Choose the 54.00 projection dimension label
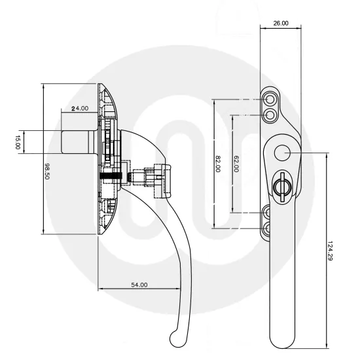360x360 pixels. point(139,285)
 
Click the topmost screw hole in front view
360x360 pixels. point(270,98)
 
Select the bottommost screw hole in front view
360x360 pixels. point(270,228)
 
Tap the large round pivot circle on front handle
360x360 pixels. point(282,153)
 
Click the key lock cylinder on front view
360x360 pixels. point(283,187)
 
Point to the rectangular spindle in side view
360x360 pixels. point(78,142)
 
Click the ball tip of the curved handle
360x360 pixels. point(177,338)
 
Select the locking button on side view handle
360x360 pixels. point(160,177)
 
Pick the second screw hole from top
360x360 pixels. point(270,115)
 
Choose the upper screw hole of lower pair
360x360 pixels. point(270,211)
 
